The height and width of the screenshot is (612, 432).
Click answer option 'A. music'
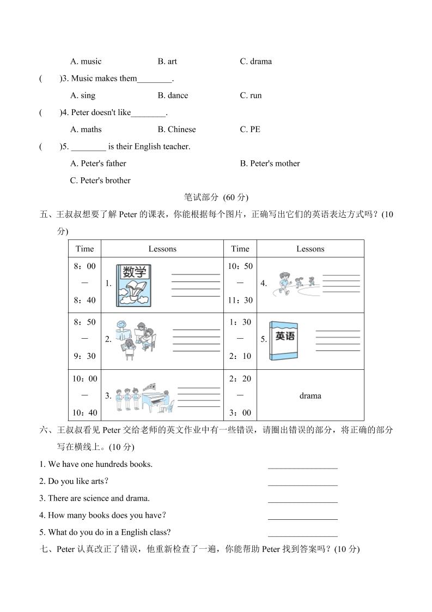click(x=86, y=61)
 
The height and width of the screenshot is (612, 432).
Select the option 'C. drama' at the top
click(x=255, y=61)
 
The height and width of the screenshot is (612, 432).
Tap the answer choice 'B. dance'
click(x=173, y=95)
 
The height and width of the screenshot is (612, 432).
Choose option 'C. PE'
click(x=250, y=129)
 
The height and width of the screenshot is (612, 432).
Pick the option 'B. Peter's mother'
click(x=270, y=163)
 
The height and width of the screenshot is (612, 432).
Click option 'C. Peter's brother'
click(x=100, y=181)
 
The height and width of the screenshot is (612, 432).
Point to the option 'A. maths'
click(x=86, y=129)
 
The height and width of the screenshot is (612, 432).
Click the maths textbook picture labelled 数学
click(x=134, y=285)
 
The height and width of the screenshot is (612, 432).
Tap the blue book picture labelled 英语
click(x=284, y=340)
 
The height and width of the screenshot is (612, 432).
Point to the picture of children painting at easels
click(x=135, y=339)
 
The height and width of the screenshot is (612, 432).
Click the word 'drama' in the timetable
click(x=310, y=395)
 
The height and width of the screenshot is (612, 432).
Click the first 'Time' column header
click(x=84, y=249)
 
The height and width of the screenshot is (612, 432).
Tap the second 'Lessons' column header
click(x=310, y=249)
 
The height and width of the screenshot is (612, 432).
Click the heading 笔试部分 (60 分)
click(x=216, y=197)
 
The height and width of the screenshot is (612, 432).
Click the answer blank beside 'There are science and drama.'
click(x=302, y=499)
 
